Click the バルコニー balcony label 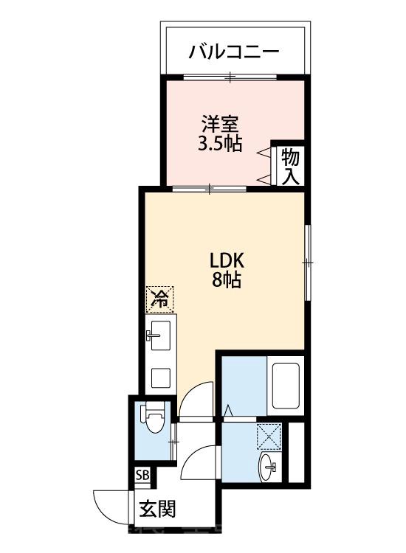[x=234, y=52]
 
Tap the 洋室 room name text [x=219, y=124]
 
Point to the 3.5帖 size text [x=219, y=143]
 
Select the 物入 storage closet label [x=290, y=167]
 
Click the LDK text [x=227, y=261]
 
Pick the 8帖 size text [x=227, y=280]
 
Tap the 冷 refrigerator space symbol [x=160, y=299]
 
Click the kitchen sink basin [x=160, y=335]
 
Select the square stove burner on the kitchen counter [x=161, y=378]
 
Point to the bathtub [x=286, y=386]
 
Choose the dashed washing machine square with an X [x=269, y=437]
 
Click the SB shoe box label [x=142, y=475]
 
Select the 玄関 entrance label [x=156, y=509]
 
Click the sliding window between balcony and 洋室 [x=230, y=77]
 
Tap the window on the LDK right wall [x=308, y=262]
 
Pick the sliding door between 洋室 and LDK [x=210, y=189]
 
